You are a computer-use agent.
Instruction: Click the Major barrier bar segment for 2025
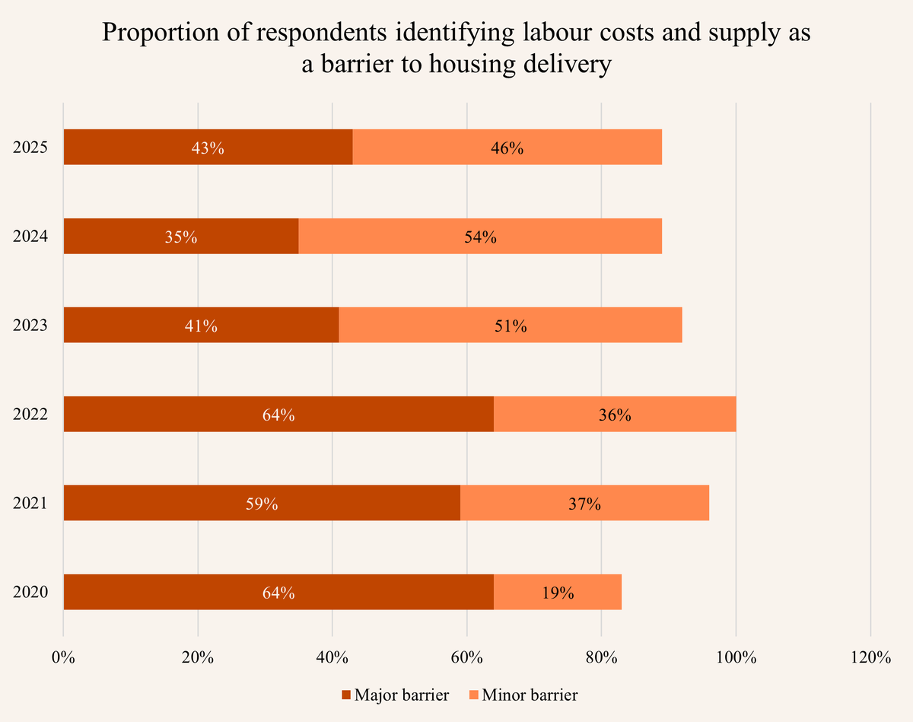[x=152, y=147]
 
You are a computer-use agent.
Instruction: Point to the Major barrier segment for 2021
[x=152, y=503]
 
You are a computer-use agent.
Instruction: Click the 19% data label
[x=558, y=593]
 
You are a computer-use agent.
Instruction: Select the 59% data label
[x=262, y=504]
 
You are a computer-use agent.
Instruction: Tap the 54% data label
[x=480, y=237]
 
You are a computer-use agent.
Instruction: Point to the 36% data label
[x=615, y=415]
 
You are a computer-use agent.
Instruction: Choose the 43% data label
[x=208, y=148]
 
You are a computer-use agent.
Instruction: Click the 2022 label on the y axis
[x=30, y=415]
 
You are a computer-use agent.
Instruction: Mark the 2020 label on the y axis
[x=30, y=593]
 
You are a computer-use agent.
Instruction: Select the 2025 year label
[x=30, y=148]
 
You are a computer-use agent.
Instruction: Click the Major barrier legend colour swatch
[x=347, y=695]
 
